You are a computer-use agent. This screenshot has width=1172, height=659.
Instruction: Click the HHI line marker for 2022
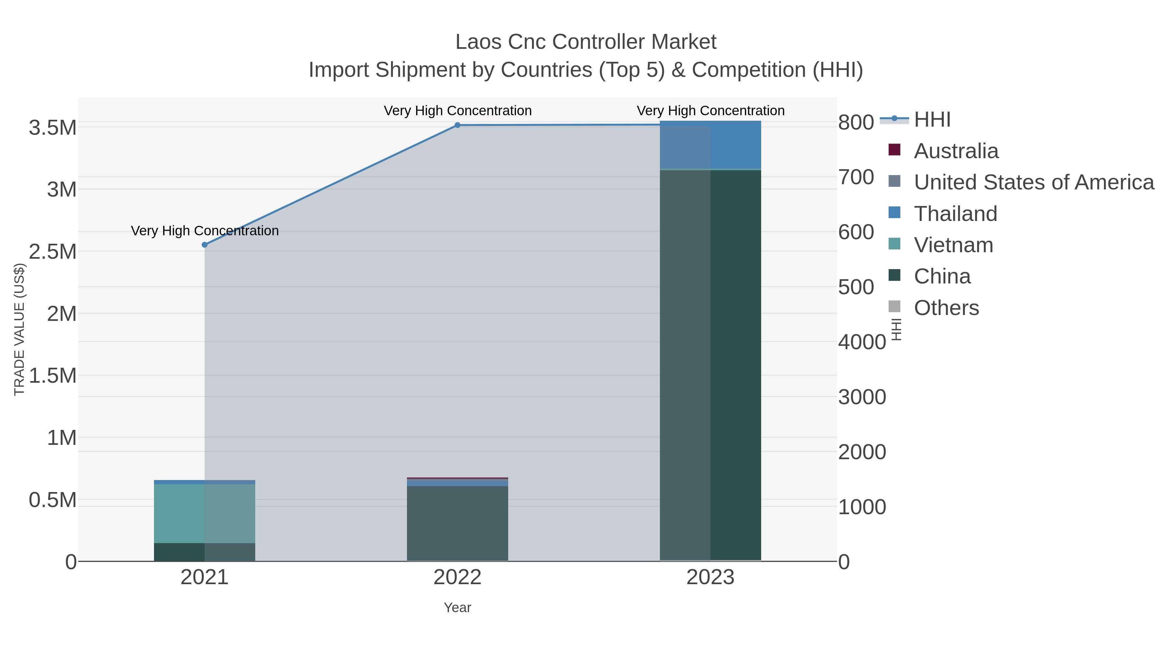click(457, 125)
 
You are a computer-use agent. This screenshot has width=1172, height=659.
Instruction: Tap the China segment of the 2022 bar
click(457, 523)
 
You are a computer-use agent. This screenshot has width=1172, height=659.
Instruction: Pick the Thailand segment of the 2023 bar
click(710, 144)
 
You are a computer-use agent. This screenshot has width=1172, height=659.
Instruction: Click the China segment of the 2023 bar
click(710, 364)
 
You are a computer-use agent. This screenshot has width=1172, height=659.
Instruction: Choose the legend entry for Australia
click(956, 151)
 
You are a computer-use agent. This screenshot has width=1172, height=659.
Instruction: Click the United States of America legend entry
click(1033, 182)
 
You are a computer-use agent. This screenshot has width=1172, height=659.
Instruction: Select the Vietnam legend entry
click(953, 245)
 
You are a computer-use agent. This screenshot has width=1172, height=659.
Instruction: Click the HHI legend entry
click(932, 120)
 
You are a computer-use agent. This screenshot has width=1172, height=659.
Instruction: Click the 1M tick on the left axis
click(62, 438)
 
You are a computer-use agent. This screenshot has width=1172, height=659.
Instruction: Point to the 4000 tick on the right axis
click(862, 342)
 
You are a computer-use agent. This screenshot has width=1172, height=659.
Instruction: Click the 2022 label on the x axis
click(457, 578)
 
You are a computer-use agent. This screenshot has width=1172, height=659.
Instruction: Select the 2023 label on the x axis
click(710, 578)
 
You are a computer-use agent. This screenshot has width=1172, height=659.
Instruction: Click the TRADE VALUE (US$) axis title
click(19, 329)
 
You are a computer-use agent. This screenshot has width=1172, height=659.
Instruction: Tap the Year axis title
click(457, 608)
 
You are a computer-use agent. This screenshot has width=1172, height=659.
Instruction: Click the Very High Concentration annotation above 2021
click(205, 231)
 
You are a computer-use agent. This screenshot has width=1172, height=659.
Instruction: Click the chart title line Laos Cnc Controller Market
click(586, 42)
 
